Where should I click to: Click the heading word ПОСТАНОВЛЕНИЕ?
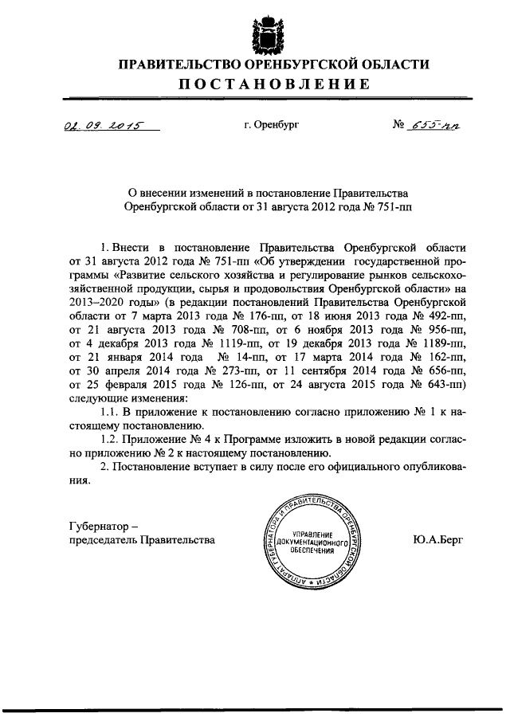[x=273, y=84]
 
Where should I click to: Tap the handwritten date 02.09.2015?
[x=98, y=125]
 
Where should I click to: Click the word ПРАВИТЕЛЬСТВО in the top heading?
[x=178, y=65]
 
